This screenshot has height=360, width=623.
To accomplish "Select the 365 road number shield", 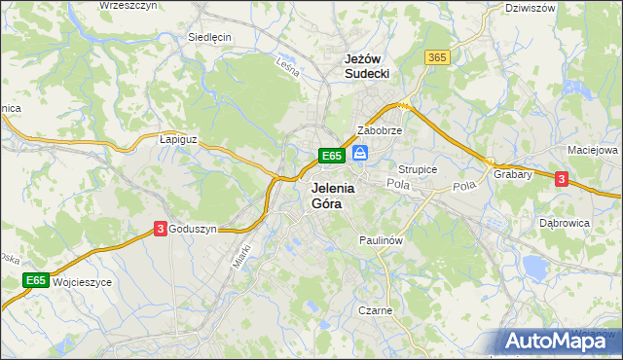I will [437, 58].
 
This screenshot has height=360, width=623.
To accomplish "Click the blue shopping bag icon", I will [360, 154].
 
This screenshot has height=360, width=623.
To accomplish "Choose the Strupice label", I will [419, 169].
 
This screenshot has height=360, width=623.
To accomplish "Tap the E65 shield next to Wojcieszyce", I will [36, 280].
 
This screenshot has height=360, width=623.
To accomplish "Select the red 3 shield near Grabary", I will [561, 178].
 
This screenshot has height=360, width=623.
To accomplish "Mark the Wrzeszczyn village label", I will [128, 6].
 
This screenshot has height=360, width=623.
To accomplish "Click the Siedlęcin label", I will [209, 37].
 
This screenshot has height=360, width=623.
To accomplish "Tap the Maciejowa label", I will [593, 151].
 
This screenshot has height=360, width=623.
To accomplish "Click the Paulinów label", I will [381, 239].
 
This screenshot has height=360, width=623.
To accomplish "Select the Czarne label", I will [375, 311].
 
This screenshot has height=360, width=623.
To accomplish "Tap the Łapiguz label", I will [178, 139].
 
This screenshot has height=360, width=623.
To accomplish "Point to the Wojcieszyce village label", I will [83, 282].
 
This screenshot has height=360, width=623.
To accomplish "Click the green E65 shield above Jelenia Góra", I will [331, 155].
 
